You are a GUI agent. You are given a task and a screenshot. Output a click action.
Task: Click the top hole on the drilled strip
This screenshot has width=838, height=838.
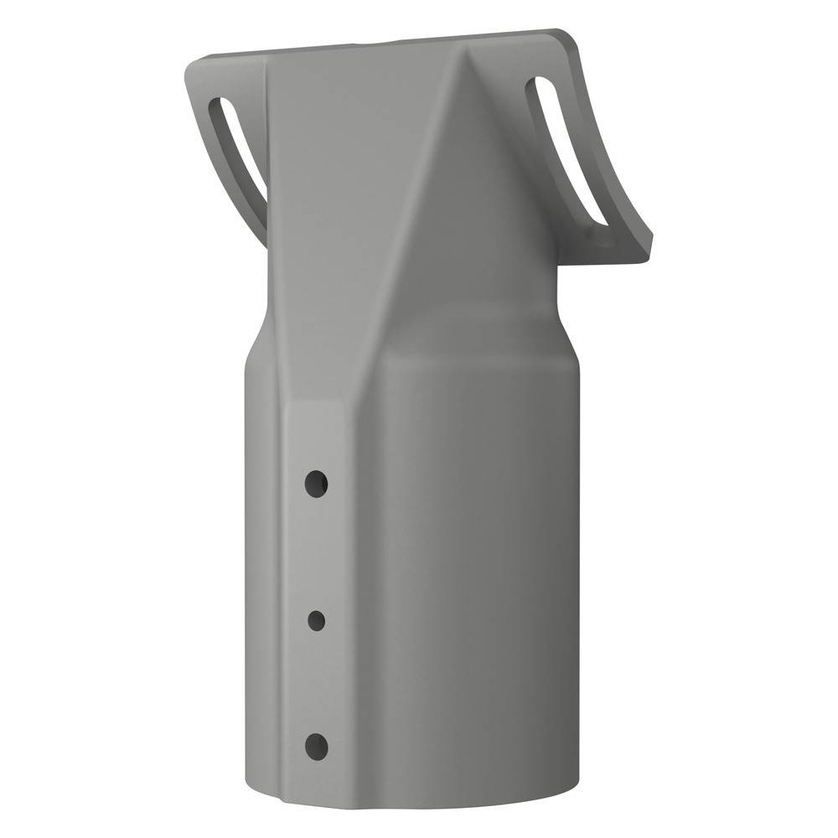point(316,484)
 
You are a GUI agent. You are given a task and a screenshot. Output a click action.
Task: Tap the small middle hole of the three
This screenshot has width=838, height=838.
point(317,620)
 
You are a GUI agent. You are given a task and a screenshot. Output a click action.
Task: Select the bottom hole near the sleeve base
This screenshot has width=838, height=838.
point(316,744)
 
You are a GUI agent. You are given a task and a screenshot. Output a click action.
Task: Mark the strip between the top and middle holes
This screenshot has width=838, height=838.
point(316,553)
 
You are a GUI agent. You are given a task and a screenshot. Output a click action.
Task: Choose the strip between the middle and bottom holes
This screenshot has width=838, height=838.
point(316,683)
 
